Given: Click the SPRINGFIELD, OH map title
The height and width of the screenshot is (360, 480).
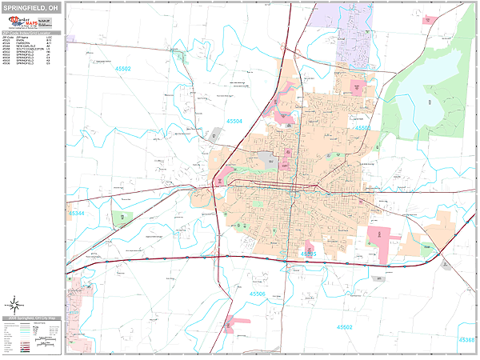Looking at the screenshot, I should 33,8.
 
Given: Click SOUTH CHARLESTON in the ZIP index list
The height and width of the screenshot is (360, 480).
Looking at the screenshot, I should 29,50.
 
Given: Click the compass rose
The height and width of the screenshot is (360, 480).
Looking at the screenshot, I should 14,303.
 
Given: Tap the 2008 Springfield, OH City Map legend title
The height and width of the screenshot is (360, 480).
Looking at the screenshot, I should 32,318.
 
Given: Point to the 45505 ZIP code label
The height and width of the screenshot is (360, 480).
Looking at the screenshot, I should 309,253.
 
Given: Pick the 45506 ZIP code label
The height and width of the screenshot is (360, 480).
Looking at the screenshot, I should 258,294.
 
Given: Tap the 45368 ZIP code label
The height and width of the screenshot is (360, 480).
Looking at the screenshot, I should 466,340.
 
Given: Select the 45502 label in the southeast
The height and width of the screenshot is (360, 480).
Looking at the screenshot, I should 344,327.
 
